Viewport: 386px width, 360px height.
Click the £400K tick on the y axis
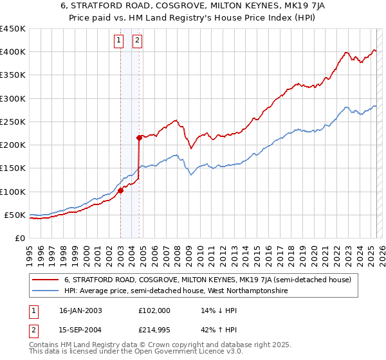13,52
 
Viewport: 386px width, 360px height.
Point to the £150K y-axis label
13,168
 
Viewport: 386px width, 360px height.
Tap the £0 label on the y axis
19,239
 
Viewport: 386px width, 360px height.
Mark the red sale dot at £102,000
120,190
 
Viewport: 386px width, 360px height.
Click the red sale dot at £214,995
139,138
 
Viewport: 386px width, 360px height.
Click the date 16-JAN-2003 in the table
80,310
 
